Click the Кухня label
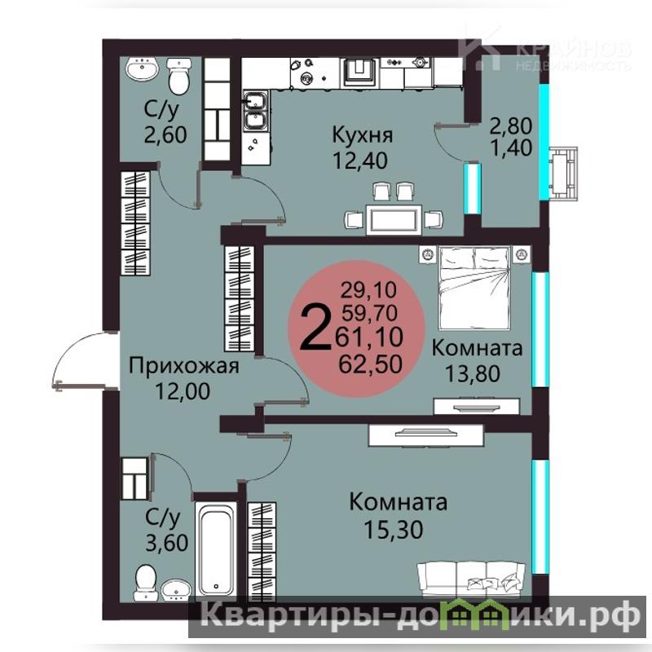[362, 135]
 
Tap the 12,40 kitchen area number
[360, 161]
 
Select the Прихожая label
[184, 366]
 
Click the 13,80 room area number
[473, 373]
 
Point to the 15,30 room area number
[394, 529]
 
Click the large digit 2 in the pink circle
[314, 327]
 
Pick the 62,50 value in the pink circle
[371, 364]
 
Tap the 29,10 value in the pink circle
[368, 290]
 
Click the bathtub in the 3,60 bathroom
[216, 548]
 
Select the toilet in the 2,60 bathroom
[179, 77]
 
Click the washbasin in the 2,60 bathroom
[142, 69]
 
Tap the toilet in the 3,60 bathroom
[146, 582]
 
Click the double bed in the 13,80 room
[474, 287]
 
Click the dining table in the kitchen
[394, 219]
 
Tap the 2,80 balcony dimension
[511, 126]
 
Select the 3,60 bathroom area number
[167, 543]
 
